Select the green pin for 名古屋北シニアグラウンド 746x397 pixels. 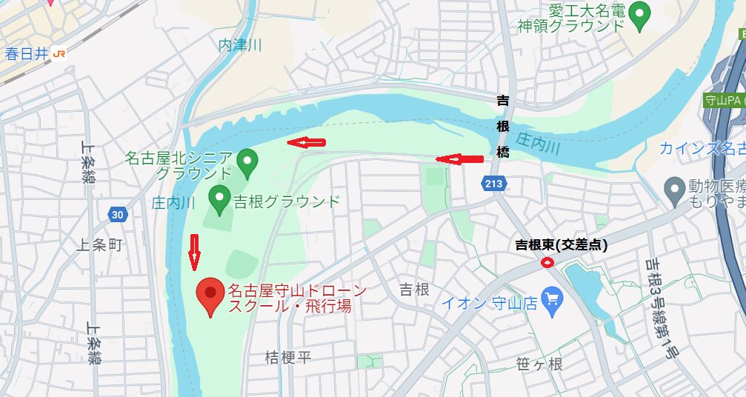click(247, 160)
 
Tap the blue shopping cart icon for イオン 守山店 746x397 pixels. click(552, 300)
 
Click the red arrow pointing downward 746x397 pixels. click(195, 251)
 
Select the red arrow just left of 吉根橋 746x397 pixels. click(459, 159)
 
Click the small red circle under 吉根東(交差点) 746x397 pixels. click(547, 262)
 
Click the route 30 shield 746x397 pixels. click(116, 215)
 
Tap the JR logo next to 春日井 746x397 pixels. click(59, 53)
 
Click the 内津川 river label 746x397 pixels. click(240, 45)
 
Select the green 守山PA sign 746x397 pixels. click(723, 100)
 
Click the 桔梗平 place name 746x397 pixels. click(288, 358)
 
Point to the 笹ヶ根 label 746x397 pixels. click(539, 364)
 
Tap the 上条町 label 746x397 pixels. click(99, 245)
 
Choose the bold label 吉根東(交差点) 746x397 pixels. click(562, 245)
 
